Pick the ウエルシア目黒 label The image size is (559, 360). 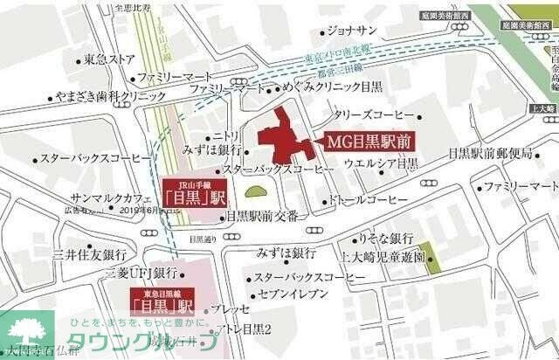click(382, 163)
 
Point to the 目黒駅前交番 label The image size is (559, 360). click(266, 215)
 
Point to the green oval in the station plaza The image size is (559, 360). click(255, 193)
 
